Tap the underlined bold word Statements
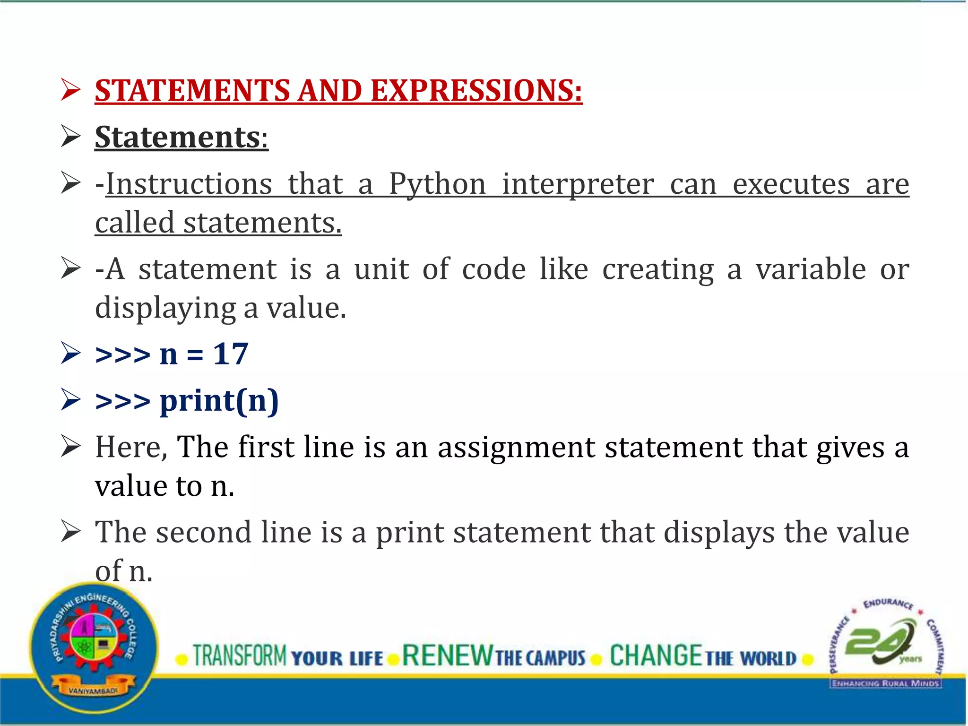coord(178,137)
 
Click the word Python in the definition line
coord(437,184)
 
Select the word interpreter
coord(578,184)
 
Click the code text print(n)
coord(219,401)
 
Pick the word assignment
coord(516,447)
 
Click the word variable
coord(810,269)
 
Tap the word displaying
coord(165,308)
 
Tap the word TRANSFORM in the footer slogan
coord(240,656)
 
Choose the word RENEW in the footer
coord(447,656)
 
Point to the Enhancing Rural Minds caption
coord(885,683)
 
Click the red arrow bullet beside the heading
coord(71,90)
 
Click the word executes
coord(791,184)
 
